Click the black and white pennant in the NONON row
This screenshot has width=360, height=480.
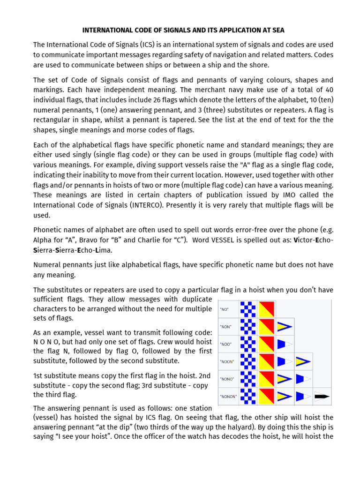(321, 396)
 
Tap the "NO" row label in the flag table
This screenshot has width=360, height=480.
(225, 309)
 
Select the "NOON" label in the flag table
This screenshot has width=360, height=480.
(227, 361)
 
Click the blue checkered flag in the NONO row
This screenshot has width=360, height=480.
(248, 379)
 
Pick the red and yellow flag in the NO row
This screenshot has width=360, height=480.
(266, 309)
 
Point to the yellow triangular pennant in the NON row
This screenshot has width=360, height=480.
(285, 327)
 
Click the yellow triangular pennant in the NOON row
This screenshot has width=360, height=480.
(303, 361)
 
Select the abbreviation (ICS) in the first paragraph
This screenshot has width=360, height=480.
(148, 45)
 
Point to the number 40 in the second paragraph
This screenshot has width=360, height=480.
(329, 89)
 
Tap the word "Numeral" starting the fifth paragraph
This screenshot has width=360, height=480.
(47, 264)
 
